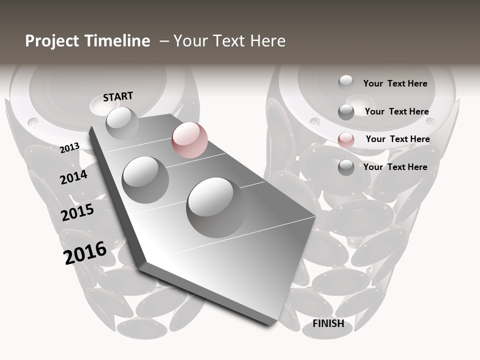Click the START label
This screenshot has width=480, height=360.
tap(118, 96)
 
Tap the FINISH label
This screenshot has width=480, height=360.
tap(328, 323)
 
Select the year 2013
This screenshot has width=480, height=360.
tap(69, 147)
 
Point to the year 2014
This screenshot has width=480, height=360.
tap(73, 177)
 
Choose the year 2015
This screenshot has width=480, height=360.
tap(77, 212)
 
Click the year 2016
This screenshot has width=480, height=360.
tap(85, 253)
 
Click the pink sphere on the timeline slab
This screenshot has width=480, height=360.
tap(189, 140)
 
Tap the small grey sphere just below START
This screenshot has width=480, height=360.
tap(122, 122)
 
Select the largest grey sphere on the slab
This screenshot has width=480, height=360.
tap(216, 207)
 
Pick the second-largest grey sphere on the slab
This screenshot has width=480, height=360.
tap(145, 179)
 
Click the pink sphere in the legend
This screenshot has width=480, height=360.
tap(346, 140)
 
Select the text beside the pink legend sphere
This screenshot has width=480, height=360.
tap(397, 139)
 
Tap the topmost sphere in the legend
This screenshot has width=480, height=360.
tap(346, 82)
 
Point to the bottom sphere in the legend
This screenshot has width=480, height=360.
tap(346, 167)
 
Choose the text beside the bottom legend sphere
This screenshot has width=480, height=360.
tap(395, 167)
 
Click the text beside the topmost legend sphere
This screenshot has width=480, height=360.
tap(395, 83)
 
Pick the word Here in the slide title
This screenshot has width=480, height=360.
tap(267, 41)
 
